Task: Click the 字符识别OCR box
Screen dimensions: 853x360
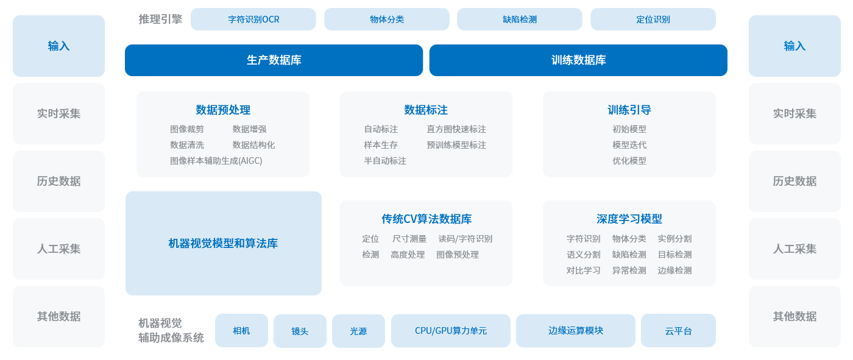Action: tap(253, 19)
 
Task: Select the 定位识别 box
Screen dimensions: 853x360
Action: tap(653, 19)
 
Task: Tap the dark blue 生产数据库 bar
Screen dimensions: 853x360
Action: tap(274, 60)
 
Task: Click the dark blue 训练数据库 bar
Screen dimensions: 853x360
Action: tap(578, 60)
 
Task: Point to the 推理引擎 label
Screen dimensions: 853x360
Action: tap(160, 19)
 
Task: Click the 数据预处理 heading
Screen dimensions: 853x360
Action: tap(223, 110)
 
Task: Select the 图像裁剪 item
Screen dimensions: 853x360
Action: tap(187, 129)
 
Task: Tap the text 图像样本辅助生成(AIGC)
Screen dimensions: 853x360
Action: tap(216, 161)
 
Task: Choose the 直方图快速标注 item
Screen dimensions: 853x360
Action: tap(456, 129)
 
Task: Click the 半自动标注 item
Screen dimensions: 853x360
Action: tap(385, 161)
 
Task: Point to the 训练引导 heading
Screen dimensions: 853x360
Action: tap(629, 110)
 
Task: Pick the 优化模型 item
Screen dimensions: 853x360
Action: tap(629, 161)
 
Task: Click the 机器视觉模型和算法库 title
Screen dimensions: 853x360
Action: tap(223, 243)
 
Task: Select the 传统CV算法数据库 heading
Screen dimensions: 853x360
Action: tap(426, 219)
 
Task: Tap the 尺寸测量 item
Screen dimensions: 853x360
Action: tap(409, 239)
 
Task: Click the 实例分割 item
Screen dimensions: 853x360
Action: tap(675, 239)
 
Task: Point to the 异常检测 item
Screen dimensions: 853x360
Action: tap(629, 270)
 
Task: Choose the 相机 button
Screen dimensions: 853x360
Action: tap(241, 330)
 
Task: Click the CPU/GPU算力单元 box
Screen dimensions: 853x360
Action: tap(450, 330)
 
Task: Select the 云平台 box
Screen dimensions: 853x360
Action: tap(678, 330)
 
